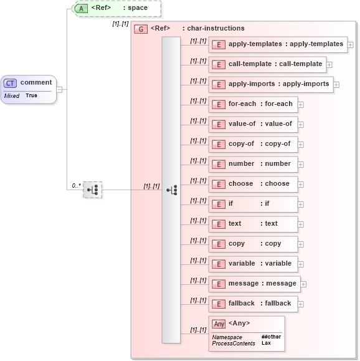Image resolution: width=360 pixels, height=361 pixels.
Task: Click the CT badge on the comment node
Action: pyautogui.click(x=11, y=83)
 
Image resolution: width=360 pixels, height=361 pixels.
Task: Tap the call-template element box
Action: pyautogui.click(x=267, y=64)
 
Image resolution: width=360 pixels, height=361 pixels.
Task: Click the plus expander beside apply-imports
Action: pyautogui.click(x=337, y=84)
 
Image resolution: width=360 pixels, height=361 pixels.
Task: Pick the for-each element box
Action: pyautogui.click(x=252, y=104)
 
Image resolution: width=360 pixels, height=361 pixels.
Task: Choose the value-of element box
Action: pyautogui.click(x=252, y=124)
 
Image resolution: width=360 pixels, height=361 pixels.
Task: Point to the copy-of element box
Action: pyautogui.click(x=252, y=144)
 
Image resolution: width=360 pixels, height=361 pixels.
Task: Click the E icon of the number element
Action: pyautogui.click(x=218, y=165)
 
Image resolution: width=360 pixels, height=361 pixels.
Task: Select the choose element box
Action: pyautogui.click(x=252, y=184)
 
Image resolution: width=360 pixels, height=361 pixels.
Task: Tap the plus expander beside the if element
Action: pyautogui.click(x=301, y=204)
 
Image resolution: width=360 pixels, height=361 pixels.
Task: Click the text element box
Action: pyautogui.click(x=252, y=224)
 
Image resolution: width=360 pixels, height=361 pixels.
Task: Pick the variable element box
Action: pyautogui.click(x=252, y=264)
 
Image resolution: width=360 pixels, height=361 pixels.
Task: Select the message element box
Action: pyautogui.click(x=255, y=284)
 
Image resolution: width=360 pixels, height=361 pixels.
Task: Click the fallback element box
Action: pyautogui.click(x=252, y=304)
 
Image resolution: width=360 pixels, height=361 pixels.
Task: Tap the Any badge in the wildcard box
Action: pyautogui.click(x=219, y=324)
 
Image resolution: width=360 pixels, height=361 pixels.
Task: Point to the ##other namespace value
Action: pyautogui.click(x=270, y=337)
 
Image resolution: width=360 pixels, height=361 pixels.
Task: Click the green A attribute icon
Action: pyautogui.click(x=81, y=8)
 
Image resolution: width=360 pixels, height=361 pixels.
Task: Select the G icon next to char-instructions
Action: pyautogui.click(x=141, y=29)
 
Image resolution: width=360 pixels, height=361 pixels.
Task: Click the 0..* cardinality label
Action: pyautogui.click(x=76, y=185)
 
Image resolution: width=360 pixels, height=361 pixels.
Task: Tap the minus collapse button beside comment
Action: pyautogui.click(x=59, y=89)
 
